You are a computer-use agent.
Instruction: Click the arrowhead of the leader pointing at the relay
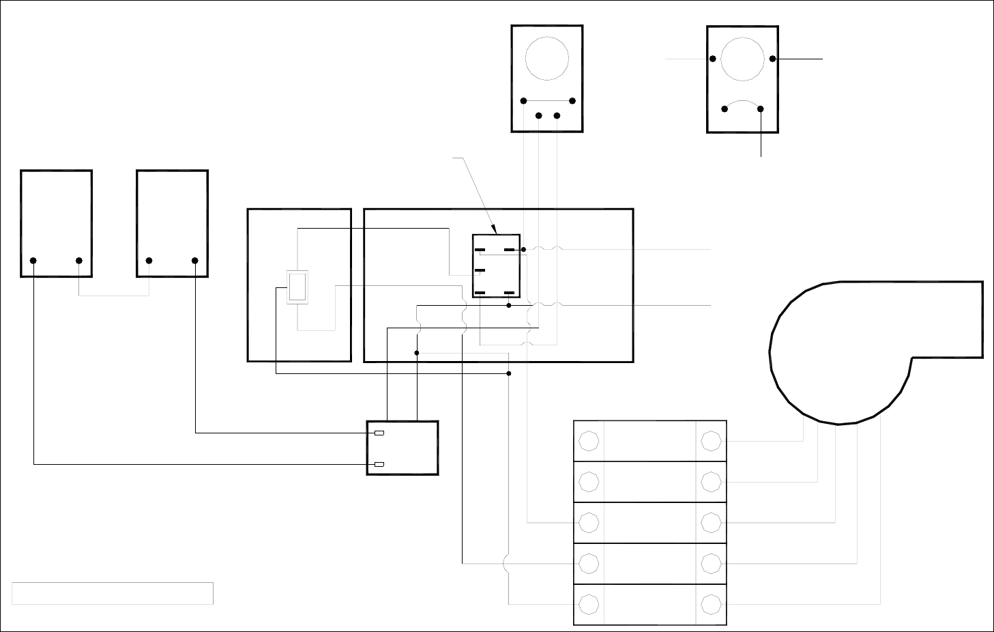pos(495,231)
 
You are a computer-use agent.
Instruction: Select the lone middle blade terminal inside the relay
pos(480,271)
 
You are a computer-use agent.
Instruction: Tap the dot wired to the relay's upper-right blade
pos(523,250)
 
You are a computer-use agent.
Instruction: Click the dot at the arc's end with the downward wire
pos(761,109)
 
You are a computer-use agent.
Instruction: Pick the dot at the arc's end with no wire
pos(724,109)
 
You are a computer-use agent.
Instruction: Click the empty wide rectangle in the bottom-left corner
pos(113,593)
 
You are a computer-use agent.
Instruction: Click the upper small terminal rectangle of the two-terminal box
pos(379,433)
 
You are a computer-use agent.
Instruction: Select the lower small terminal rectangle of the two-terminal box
pos(379,464)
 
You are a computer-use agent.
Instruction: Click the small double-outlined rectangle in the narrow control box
pos(297,287)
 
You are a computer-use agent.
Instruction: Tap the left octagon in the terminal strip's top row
pos(589,441)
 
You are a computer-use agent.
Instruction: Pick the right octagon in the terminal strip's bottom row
pos(711,605)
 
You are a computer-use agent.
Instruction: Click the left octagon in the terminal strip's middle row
pos(589,523)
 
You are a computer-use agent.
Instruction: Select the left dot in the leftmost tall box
pos(33,261)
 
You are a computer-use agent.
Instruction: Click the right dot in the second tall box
pos(195,261)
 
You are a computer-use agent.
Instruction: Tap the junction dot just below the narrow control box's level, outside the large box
pos(509,373)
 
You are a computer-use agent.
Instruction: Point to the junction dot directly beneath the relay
pos(509,306)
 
